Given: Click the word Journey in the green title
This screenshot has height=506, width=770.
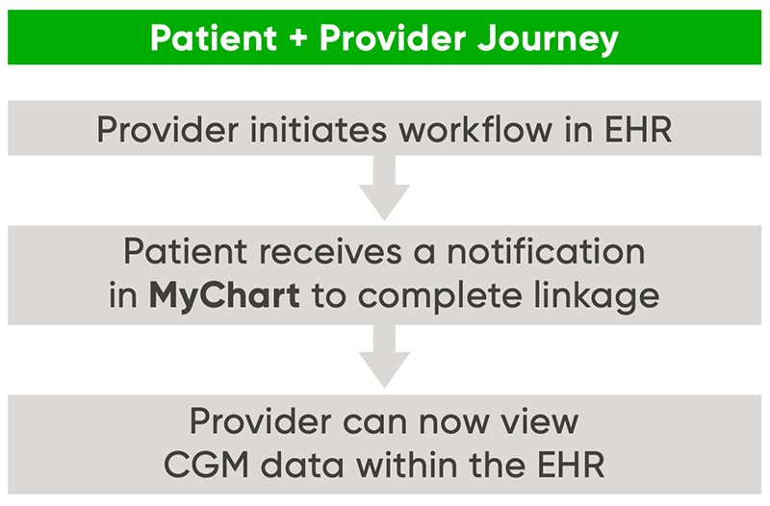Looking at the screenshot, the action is point(548,38).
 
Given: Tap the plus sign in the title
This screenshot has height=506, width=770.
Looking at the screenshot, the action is point(298,38).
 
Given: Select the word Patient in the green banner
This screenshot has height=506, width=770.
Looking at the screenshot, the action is point(214,38).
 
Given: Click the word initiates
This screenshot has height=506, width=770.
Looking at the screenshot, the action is point(319,130).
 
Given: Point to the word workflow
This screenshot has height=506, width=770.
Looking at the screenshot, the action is point(475,130).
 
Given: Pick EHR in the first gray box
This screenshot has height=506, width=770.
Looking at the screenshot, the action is point(638,130).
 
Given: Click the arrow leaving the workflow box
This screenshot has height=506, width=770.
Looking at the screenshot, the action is point(384,188).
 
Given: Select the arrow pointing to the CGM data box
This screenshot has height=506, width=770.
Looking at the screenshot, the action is point(384,356).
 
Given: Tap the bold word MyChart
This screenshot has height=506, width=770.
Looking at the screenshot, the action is point(224,296).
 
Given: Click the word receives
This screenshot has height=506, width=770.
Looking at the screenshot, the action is point(330,252).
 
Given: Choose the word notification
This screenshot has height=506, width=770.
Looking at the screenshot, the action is point(546,251).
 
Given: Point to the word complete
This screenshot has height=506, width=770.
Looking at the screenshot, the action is point(439,297).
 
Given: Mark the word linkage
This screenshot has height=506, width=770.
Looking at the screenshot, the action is point(596,296).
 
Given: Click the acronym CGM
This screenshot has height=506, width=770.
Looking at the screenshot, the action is point(206,465).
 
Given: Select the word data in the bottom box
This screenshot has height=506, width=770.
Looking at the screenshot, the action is point(302,464).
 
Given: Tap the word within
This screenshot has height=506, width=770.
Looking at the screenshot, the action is point(406,464).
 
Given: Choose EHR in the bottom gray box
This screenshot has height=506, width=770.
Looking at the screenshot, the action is point(571,465).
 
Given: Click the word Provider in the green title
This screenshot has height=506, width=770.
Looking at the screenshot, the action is point(393,38).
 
